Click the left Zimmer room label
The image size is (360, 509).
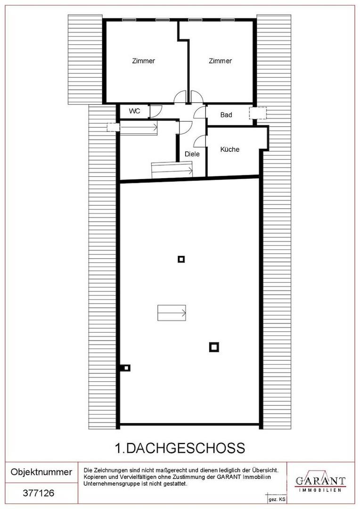(143, 61)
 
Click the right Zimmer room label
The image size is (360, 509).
(220, 61)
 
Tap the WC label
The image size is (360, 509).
(134, 111)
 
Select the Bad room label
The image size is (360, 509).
(226, 115)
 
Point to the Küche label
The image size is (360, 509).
(230, 149)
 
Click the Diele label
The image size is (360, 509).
(192, 154)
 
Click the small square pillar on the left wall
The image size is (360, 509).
(126, 368)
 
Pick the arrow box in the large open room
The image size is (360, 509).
(172, 313)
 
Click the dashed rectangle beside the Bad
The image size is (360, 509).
(258, 113)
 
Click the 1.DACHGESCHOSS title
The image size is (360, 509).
(180, 448)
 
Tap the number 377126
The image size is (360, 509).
(39, 493)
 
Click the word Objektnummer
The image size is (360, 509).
(41, 472)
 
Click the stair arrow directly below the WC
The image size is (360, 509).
(139, 128)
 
